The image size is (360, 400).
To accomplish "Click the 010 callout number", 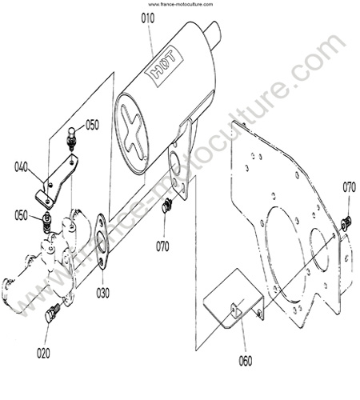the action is (x=148, y=18).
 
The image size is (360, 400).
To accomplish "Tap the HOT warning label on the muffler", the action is (x=163, y=66).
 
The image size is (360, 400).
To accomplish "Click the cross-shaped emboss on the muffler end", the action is (x=134, y=132).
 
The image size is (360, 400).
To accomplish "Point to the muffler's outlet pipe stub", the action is (x=214, y=34).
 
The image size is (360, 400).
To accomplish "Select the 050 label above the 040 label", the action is (x=92, y=125).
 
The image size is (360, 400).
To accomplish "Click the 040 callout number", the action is (x=21, y=167).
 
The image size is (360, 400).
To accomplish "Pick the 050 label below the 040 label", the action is (x=21, y=215).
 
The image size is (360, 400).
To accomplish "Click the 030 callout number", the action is (x=103, y=293).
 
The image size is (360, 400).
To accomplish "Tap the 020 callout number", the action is (x=43, y=353).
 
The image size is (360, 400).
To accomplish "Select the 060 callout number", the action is (x=246, y=361).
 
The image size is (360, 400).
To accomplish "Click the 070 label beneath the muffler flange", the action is (x=162, y=246).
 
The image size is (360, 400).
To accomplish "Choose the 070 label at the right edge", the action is (x=349, y=187).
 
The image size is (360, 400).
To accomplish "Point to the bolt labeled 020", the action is (x=53, y=313).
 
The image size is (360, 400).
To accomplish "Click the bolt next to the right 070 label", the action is (x=346, y=222).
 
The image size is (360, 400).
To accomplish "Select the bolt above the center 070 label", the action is (x=166, y=206).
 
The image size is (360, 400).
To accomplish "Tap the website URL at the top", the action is (x=181, y=4).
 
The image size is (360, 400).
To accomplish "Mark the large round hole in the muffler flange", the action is (x=175, y=162).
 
